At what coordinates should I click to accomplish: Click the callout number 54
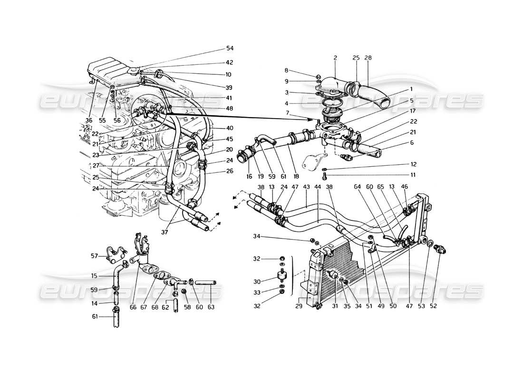pos(230,49)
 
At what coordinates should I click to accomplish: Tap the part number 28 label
pos(368,58)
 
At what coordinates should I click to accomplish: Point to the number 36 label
pos(89,120)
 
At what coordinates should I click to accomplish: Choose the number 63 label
pos(211,307)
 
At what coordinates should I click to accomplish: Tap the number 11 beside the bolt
pos(414,175)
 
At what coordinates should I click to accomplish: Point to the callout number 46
pos(405,188)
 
